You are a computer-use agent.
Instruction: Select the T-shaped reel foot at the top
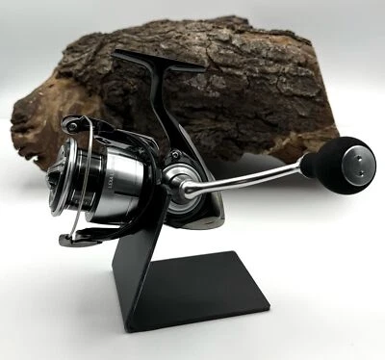(x=158, y=62)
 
